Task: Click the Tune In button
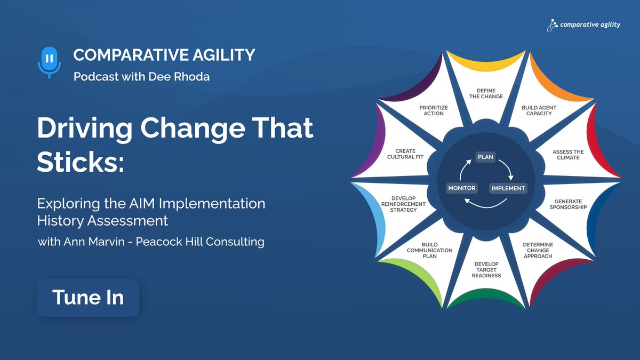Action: click(88, 298)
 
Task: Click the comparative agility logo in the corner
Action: click(583, 25)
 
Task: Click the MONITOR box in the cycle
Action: click(462, 188)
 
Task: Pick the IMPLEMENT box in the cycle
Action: click(508, 188)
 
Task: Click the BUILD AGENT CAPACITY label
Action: click(539, 110)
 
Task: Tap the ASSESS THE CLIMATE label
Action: click(568, 155)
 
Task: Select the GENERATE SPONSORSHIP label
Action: click(568, 204)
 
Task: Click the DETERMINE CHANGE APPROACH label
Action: click(538, 250)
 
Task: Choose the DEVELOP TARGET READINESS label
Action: click(486, 269)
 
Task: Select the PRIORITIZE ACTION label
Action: click(434, 110)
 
